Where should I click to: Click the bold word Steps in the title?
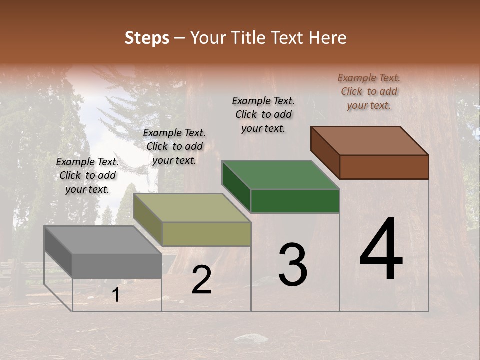(147, 38)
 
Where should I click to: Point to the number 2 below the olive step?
(201, 280)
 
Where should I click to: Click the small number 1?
(116, 295)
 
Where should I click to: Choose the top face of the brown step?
(370, 141)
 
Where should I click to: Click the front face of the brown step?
(384, 167)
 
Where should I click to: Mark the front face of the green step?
(295, 201)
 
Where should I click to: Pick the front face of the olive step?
(206, 234)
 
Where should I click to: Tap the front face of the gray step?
(117, 266)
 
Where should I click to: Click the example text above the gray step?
(87, 175)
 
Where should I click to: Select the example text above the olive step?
(174, 146)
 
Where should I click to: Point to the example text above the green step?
(263, 114)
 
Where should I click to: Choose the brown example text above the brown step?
(369, 91)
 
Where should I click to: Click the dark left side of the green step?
(236, 186)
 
